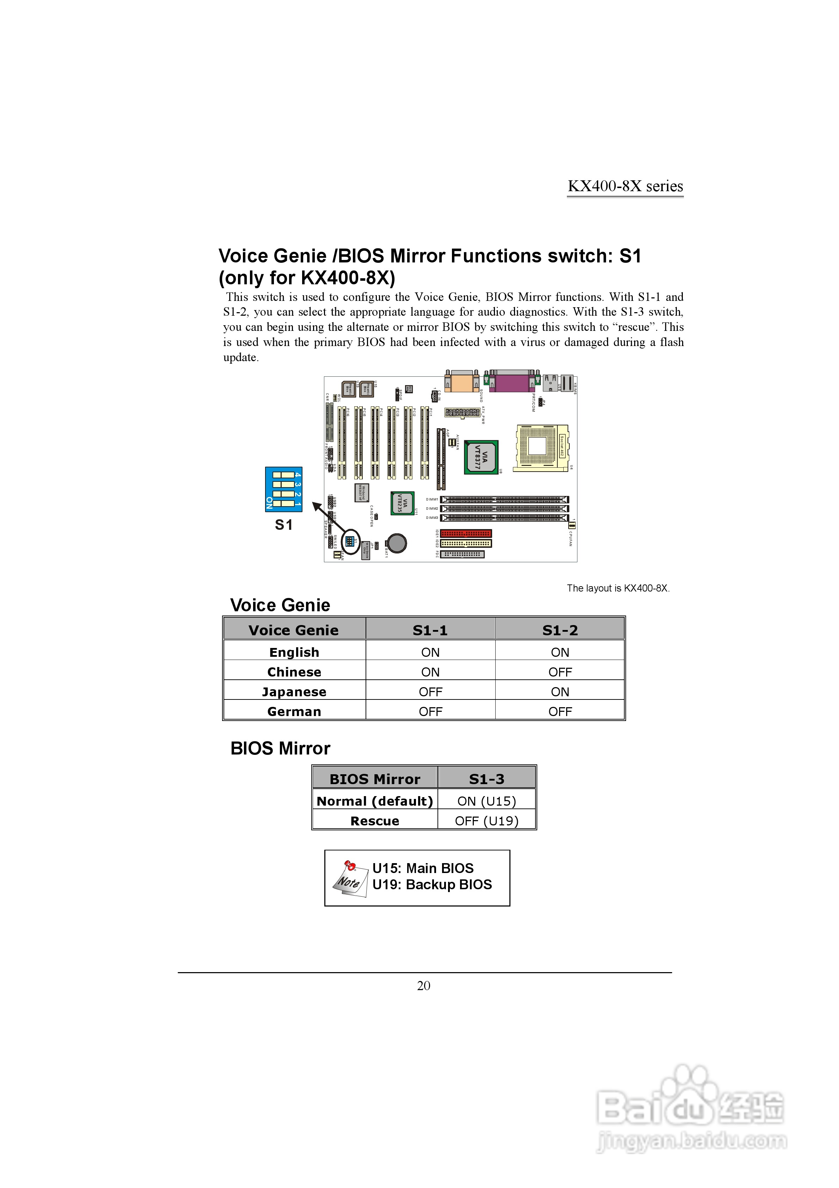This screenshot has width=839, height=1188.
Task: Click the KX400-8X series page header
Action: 625,186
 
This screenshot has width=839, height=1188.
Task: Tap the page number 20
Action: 423,986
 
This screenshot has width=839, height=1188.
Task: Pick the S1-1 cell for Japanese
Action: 430,692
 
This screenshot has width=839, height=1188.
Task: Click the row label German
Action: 294,711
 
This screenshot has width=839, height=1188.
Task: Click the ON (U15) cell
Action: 486,801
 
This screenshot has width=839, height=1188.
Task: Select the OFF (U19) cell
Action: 486,821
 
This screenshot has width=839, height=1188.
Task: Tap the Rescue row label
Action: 374,821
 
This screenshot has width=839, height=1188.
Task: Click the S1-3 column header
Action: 486,779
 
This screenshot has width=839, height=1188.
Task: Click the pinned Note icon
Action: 349,879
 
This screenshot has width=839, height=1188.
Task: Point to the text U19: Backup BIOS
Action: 432,885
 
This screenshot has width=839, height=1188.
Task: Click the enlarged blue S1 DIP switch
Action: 283,489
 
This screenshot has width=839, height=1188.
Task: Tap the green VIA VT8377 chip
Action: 481,457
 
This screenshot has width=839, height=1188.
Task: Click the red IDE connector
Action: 466,533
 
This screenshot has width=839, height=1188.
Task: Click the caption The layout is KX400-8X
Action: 618,588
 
